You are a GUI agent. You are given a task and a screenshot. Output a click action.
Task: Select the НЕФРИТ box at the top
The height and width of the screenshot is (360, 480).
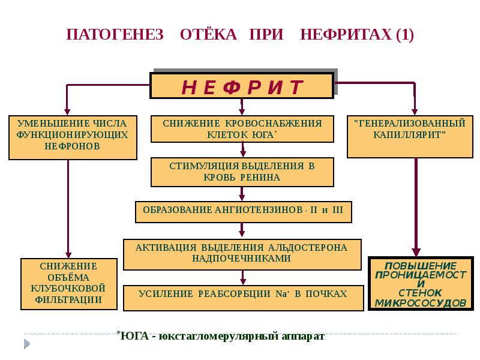coord(241,86)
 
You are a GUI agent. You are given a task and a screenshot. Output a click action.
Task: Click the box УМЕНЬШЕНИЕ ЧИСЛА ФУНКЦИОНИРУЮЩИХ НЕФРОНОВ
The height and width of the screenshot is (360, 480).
coord(71,137)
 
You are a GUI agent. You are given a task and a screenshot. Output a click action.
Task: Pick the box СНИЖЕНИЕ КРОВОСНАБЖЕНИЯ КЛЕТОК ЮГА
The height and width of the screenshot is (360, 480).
coord(242,129)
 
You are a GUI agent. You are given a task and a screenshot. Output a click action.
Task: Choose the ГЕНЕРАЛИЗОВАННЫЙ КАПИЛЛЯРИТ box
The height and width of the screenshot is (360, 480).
coord(410,136)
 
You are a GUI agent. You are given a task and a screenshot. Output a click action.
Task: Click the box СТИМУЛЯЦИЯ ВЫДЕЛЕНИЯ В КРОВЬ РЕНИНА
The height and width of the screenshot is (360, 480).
coord(242,172)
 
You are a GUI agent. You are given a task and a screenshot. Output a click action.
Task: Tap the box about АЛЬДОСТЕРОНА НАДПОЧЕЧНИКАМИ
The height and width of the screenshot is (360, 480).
coord(242,254)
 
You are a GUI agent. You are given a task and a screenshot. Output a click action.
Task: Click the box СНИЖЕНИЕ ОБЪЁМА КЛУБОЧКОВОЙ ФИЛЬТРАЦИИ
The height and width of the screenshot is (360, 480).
coord(69,284)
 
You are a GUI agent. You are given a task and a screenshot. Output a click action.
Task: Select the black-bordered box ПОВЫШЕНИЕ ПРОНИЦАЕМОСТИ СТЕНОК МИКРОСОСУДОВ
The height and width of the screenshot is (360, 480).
coord(420,284)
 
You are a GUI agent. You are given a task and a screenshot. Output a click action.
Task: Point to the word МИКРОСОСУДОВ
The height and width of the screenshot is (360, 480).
coord(420,303)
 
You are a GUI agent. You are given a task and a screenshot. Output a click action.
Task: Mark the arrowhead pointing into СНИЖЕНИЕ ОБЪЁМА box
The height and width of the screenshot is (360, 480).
coord(69,254)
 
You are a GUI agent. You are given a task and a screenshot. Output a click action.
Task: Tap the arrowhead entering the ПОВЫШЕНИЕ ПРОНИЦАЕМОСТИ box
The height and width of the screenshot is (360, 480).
coord(414,252)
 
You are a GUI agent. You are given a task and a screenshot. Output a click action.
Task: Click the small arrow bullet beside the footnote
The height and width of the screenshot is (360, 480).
coord(27,344)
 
